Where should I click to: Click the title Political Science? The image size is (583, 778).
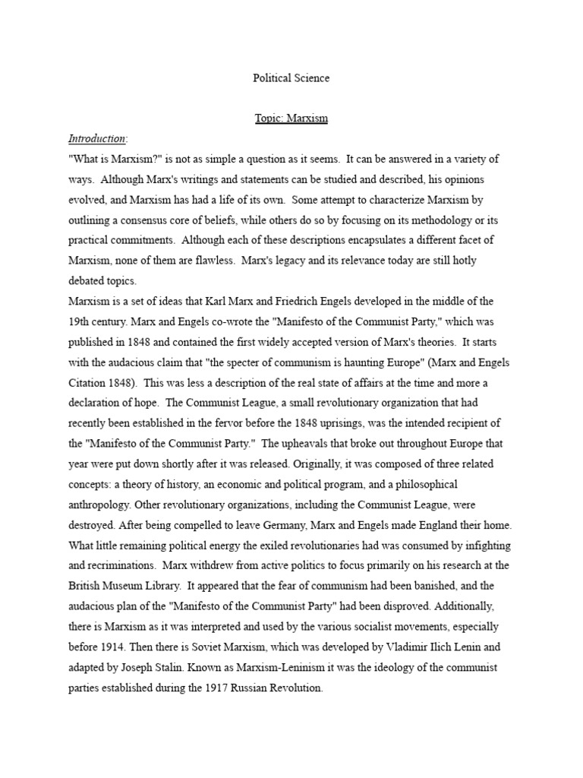(291, 77)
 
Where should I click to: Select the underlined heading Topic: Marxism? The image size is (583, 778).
(291, 119)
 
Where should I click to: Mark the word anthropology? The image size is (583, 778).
(101, 504)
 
